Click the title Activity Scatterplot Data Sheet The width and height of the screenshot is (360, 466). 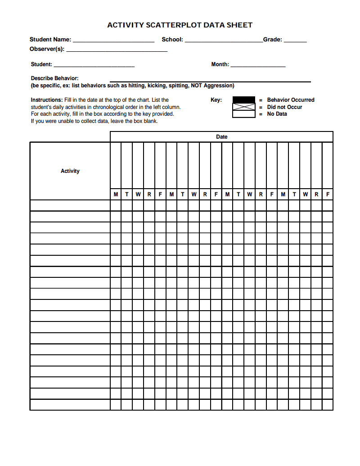pyautogui.click(x=180, y=25)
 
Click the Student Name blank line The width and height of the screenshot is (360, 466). pyautogui.click(x=113, y=41)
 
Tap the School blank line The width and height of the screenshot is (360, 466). pyautogui.click(x=224, y=41)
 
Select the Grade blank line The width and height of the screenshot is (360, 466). pyautogui.click(x=295, y=41)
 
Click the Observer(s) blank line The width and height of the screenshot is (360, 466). pyautogui.click(x=117, y=50)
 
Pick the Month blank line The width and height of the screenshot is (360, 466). pyautogui.click(x=258, y=66)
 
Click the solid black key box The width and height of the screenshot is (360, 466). pyautogui.click(x=243, y=100)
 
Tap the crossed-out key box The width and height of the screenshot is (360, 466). pyautogui.click(x=243, y=107)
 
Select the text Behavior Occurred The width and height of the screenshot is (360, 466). pyautogui.click(x=291, y=100)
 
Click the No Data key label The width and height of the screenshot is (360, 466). pyautogui.click(x=277, y=114)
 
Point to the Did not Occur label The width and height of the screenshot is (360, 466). pyautogui.click(x=284, y=107)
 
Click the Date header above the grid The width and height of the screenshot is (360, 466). pyautogui.click(x=222, y=136)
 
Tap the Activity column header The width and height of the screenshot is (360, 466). pyautogui.click(x=70, y=171)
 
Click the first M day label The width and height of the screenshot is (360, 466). pyautogui.click(x=116, y=195)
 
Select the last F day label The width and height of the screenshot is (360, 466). pyautogui.click(x=328, y=195)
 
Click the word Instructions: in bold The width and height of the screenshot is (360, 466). pyautogui.click(x=47, y=100)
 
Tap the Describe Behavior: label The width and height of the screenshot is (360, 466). pyautogui.click(x=54, y=78)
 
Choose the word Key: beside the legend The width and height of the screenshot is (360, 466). pyautogui.click(x=216, y=100)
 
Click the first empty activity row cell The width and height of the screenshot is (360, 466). pyautogui.click(x=70, y=205)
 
